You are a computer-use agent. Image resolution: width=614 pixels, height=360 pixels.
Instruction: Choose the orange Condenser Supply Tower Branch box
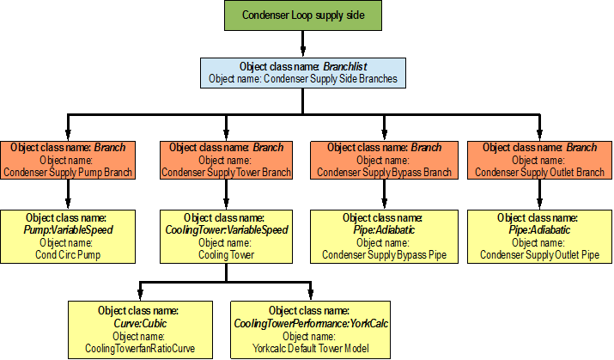226,160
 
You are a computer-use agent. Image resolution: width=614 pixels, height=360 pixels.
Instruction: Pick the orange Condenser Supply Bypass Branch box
384,160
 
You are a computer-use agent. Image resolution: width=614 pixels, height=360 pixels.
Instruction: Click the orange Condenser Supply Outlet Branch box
540,160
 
